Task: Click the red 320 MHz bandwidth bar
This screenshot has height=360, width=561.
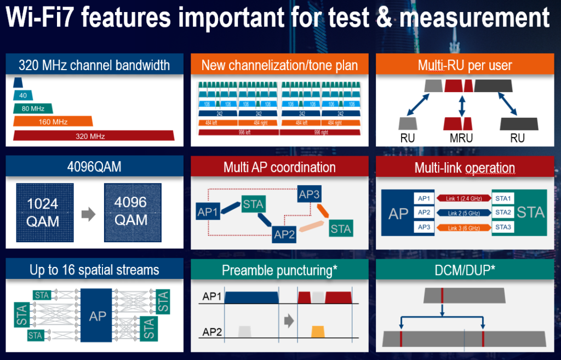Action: [x=94, y=136]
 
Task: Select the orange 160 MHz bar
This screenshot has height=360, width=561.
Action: [x=53, y=122]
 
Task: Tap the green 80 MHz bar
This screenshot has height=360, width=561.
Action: [x=33, y=108]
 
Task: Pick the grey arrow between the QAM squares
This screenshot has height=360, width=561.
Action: [x=86, y=214]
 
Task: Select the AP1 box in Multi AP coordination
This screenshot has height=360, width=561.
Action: [x=208, y=210]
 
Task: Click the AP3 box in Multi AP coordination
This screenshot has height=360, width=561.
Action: [x=309, y=194]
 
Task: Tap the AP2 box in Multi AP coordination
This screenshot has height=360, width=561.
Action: [x=284, y=235]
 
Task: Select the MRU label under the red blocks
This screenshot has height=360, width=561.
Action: [x=462, y=138]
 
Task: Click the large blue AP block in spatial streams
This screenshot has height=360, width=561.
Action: [x=98, y=316]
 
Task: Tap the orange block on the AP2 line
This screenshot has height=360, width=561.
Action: [x=318, y=332]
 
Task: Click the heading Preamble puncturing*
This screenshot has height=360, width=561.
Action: [x=279, y=271]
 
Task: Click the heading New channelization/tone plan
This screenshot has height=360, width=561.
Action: [x=279, y=66]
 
